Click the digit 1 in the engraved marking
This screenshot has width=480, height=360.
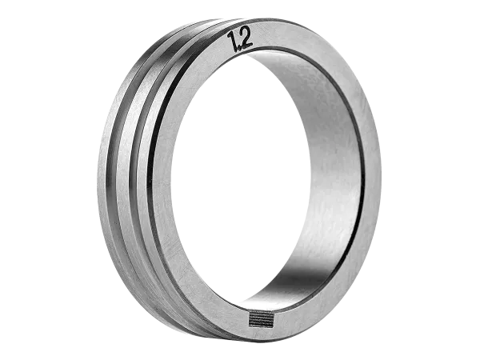233,42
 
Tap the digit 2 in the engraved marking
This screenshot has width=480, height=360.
246,38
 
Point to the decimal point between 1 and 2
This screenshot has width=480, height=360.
239,48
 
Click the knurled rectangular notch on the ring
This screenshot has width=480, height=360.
261,318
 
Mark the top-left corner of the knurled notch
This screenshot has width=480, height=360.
249,310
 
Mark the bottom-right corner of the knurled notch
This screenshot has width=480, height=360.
273,326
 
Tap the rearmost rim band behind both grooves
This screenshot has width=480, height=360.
103,171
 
